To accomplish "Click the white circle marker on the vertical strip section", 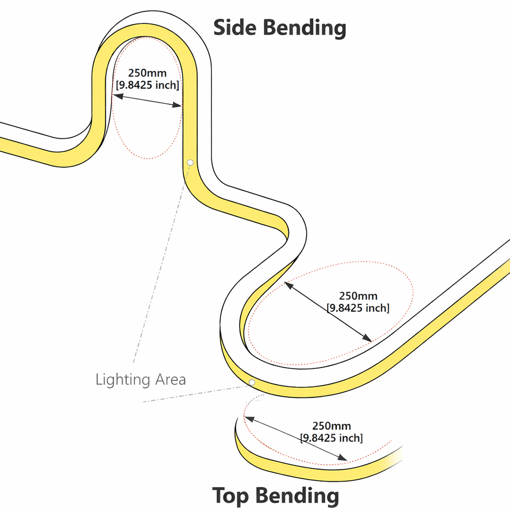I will pyautogui.click(x=190, y=161).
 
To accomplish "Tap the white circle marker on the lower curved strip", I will pyautogui.click(x=252, y=382).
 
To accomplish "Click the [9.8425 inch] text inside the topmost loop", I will pyautogui.click(x=147, y=85).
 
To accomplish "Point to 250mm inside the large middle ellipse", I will pyautogui.click(x=358, y=296).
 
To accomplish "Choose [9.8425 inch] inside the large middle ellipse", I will pyautogui.click(x=358, y=308).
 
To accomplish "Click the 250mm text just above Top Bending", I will pyautogui.click(x=331, y=426).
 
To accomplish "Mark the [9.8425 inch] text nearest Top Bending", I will pyautogui.click(x=331, y=438).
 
